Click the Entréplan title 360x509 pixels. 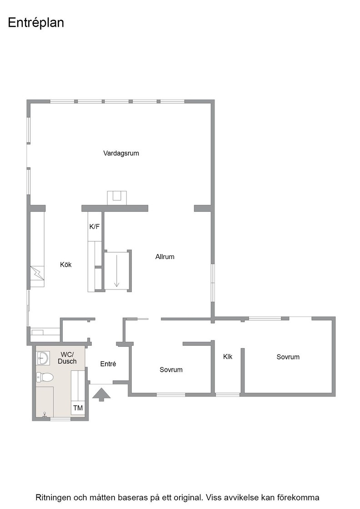(x=36, y=23)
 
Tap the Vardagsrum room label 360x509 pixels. (x=121, y=153)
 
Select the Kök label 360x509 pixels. (x=65, y=264)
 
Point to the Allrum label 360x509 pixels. (x=165, y=257)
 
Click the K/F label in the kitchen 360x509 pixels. (x=95, y=227)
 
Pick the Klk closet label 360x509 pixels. (x=228, y=357)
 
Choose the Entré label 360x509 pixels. (x=108, y=364)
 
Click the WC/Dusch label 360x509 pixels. (x=67, y=358)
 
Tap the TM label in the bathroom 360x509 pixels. (x=78, y=408)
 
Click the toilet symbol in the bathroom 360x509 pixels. (x=45, y=377)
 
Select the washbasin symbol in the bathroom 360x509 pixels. (x=43, y=359)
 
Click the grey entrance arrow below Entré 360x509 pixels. (x=102, y=394)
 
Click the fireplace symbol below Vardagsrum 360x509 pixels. (x=117, y=198)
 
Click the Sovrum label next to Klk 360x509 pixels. (x=288, y=357)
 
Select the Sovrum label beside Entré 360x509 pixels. (x=171, y=370)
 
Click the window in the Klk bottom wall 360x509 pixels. (x=228, y=395)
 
